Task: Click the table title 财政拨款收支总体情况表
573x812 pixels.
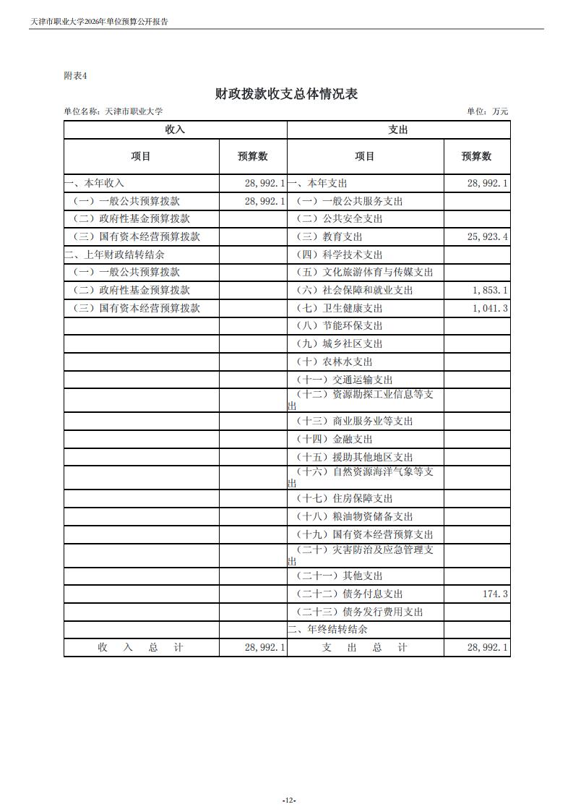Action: click(286, 94)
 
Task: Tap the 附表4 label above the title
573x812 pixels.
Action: click(75, 75)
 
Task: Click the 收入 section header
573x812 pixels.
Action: click(176, 129)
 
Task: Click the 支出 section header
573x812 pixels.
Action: click(398, 129)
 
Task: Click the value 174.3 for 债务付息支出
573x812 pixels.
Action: click(495, 594)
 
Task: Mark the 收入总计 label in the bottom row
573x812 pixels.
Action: click(141, 647)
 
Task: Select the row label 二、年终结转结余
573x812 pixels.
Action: click(328, 629)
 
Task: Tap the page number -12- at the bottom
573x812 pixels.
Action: click(288, 800)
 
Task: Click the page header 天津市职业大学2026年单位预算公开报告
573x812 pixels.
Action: click(104, 22)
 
